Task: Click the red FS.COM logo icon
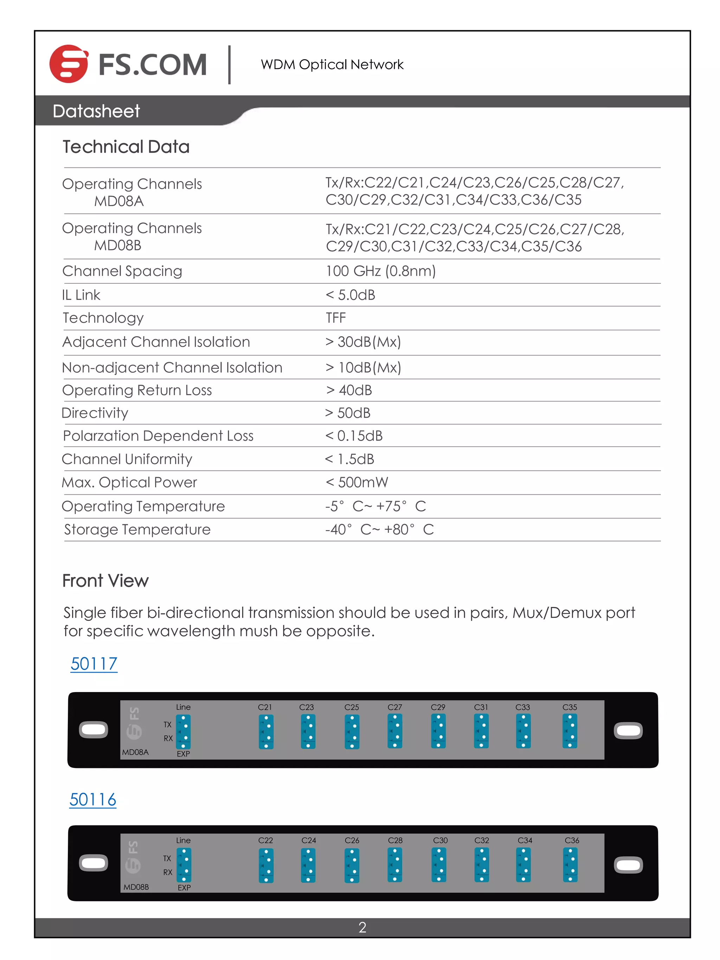coord(69,64)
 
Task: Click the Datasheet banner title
coord(96,111)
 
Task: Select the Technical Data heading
coord(126,147)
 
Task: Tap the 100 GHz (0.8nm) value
coord(381,271)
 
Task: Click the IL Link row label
coord(81,295)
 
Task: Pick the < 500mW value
coord(357,482)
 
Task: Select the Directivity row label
coord(95,413)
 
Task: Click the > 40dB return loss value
coord(349,390)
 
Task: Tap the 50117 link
coord(94,664)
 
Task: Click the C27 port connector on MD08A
coord(394,731)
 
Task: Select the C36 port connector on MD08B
coord(570,865)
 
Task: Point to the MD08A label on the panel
coord(135,752)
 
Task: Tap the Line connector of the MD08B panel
coord(184,865)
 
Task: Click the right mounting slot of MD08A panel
coord(628,731)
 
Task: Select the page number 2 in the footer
coord(362,927)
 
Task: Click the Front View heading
coord(105,581)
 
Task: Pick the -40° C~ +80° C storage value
coord(379,530)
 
